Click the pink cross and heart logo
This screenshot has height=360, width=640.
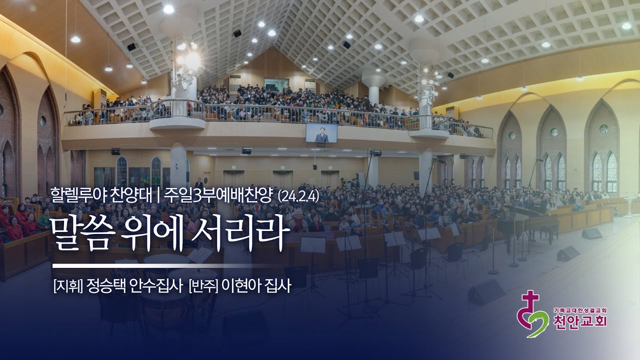point(532,315)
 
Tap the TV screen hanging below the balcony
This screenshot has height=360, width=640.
point(321,133)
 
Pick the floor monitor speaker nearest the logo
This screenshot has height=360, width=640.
point(485,293)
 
